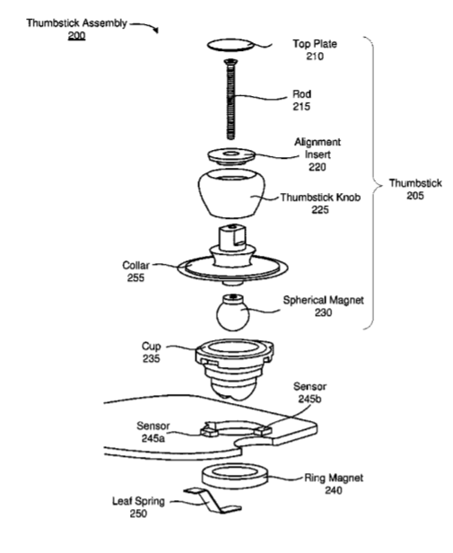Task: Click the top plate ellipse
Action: [x=231, y=45]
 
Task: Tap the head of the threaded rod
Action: [x=231, y=63]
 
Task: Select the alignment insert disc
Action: [x=231, y=156]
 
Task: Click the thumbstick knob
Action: [x=231, y=193]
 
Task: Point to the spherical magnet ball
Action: [x=232, y=313]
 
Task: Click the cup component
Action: [x=234, y=369]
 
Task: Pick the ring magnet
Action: [x=235, y=477]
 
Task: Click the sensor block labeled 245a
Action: [x=209, y=431]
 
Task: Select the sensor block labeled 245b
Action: [x=263, y=430]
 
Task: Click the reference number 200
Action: [x=77, y=36]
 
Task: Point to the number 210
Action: [x=315, y=56]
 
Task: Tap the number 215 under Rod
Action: [x=301, y=106]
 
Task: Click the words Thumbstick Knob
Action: [x=320, y=197]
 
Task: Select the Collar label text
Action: [x=135, y=265]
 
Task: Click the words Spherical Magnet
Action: [x=323, y=300]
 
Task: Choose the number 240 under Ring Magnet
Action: [x=334, y=490]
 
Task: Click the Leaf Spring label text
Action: [x=138, y=501]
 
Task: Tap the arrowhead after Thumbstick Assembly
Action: [x=156, y=31]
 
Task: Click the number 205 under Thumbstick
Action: [x=415, y=196]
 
